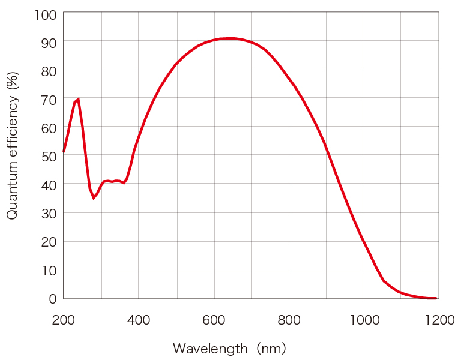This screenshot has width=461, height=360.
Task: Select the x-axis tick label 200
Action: coord(63,320)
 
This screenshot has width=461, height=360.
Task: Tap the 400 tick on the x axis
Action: coord(139,320)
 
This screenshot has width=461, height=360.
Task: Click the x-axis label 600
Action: coord(214,320)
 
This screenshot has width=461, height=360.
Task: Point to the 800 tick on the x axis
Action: coord(289,320)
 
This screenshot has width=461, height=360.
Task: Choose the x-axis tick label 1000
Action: coord(364,320)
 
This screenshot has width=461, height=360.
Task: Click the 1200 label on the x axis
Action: coord(439,320)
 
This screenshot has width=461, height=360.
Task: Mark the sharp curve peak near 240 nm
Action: coord(78,99)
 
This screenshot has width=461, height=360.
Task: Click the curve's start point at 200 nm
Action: coord(64,152)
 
